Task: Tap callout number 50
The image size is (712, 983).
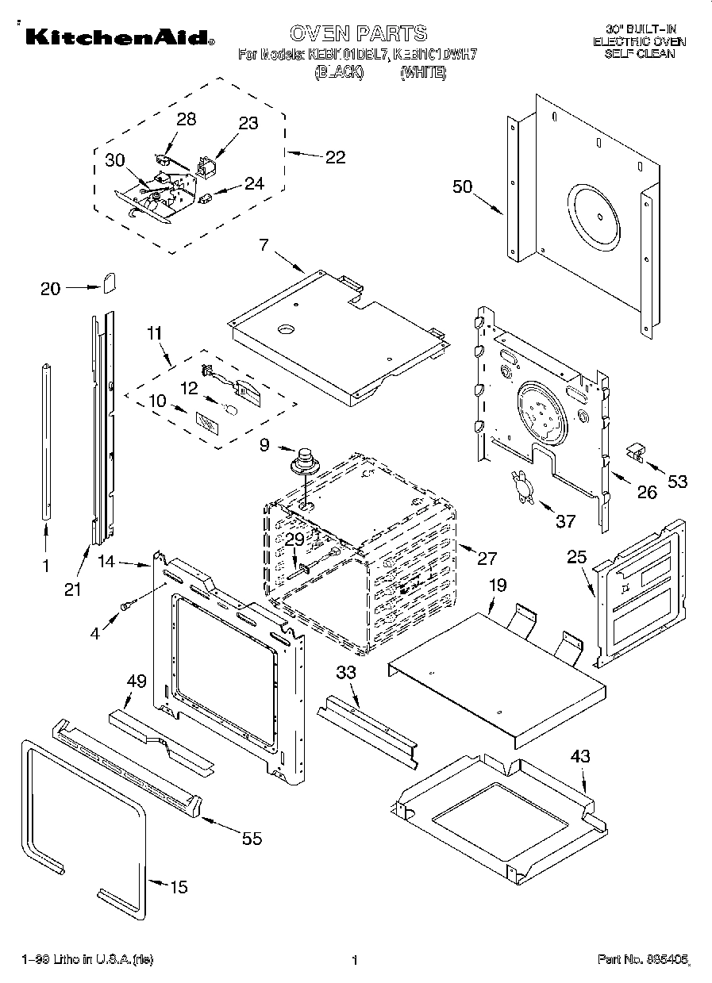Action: (463, 188)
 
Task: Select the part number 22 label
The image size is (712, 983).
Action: (335, 157)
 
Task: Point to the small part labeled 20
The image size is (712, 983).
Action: (110, 282)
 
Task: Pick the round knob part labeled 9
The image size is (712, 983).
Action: (303, 461)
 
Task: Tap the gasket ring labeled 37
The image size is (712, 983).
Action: (521, 485)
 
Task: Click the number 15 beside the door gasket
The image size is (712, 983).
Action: (179, 887)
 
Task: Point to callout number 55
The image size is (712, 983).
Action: (252, 839)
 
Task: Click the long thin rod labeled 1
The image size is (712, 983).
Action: (46, 440)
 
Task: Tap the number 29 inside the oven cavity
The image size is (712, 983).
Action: (294, 539)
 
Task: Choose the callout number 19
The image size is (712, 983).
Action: (497, 586)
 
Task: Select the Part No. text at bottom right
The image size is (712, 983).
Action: (645, 960)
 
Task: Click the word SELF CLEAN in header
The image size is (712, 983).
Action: (640, 54)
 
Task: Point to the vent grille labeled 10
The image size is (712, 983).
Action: (206, 421)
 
